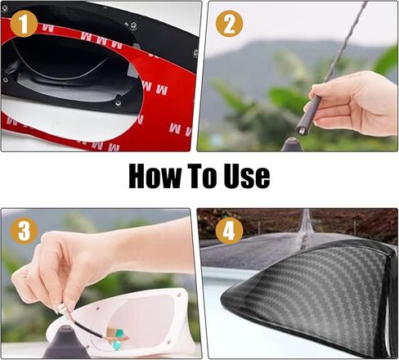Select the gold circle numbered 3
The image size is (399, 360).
[x=25, y=232]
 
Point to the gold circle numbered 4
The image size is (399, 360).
[x=229, y=232]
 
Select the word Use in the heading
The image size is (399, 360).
[x=250, y=177]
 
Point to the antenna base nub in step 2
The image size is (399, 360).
[x=289, y=145]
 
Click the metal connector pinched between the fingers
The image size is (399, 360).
[x=62, y=310]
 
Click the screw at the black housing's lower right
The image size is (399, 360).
[x=119, y=103]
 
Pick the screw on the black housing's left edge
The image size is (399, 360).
[x=7, y=80]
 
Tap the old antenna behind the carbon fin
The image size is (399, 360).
[x=306, y=225]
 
